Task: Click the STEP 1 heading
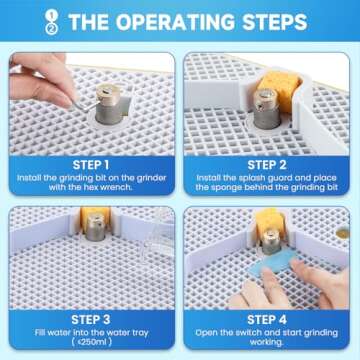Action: pos(91,165)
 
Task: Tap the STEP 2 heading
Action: pos(267,165)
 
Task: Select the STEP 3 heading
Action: pos(91,320)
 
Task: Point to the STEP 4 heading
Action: pos(267,320)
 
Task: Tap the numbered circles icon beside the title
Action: pos(51,22)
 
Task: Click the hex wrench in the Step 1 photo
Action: pos(84,105)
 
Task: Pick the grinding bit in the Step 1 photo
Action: pos(108,104)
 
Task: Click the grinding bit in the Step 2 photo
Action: pos(267,109)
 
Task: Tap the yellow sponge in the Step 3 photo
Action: pos(95,218)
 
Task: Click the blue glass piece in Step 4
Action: pos(273,263)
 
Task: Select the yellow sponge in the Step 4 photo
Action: pos(271,221)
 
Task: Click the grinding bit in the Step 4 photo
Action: pos(271,242)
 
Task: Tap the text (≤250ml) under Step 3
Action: pos(91,342)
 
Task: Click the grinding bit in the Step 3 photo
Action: pos(96,228)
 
